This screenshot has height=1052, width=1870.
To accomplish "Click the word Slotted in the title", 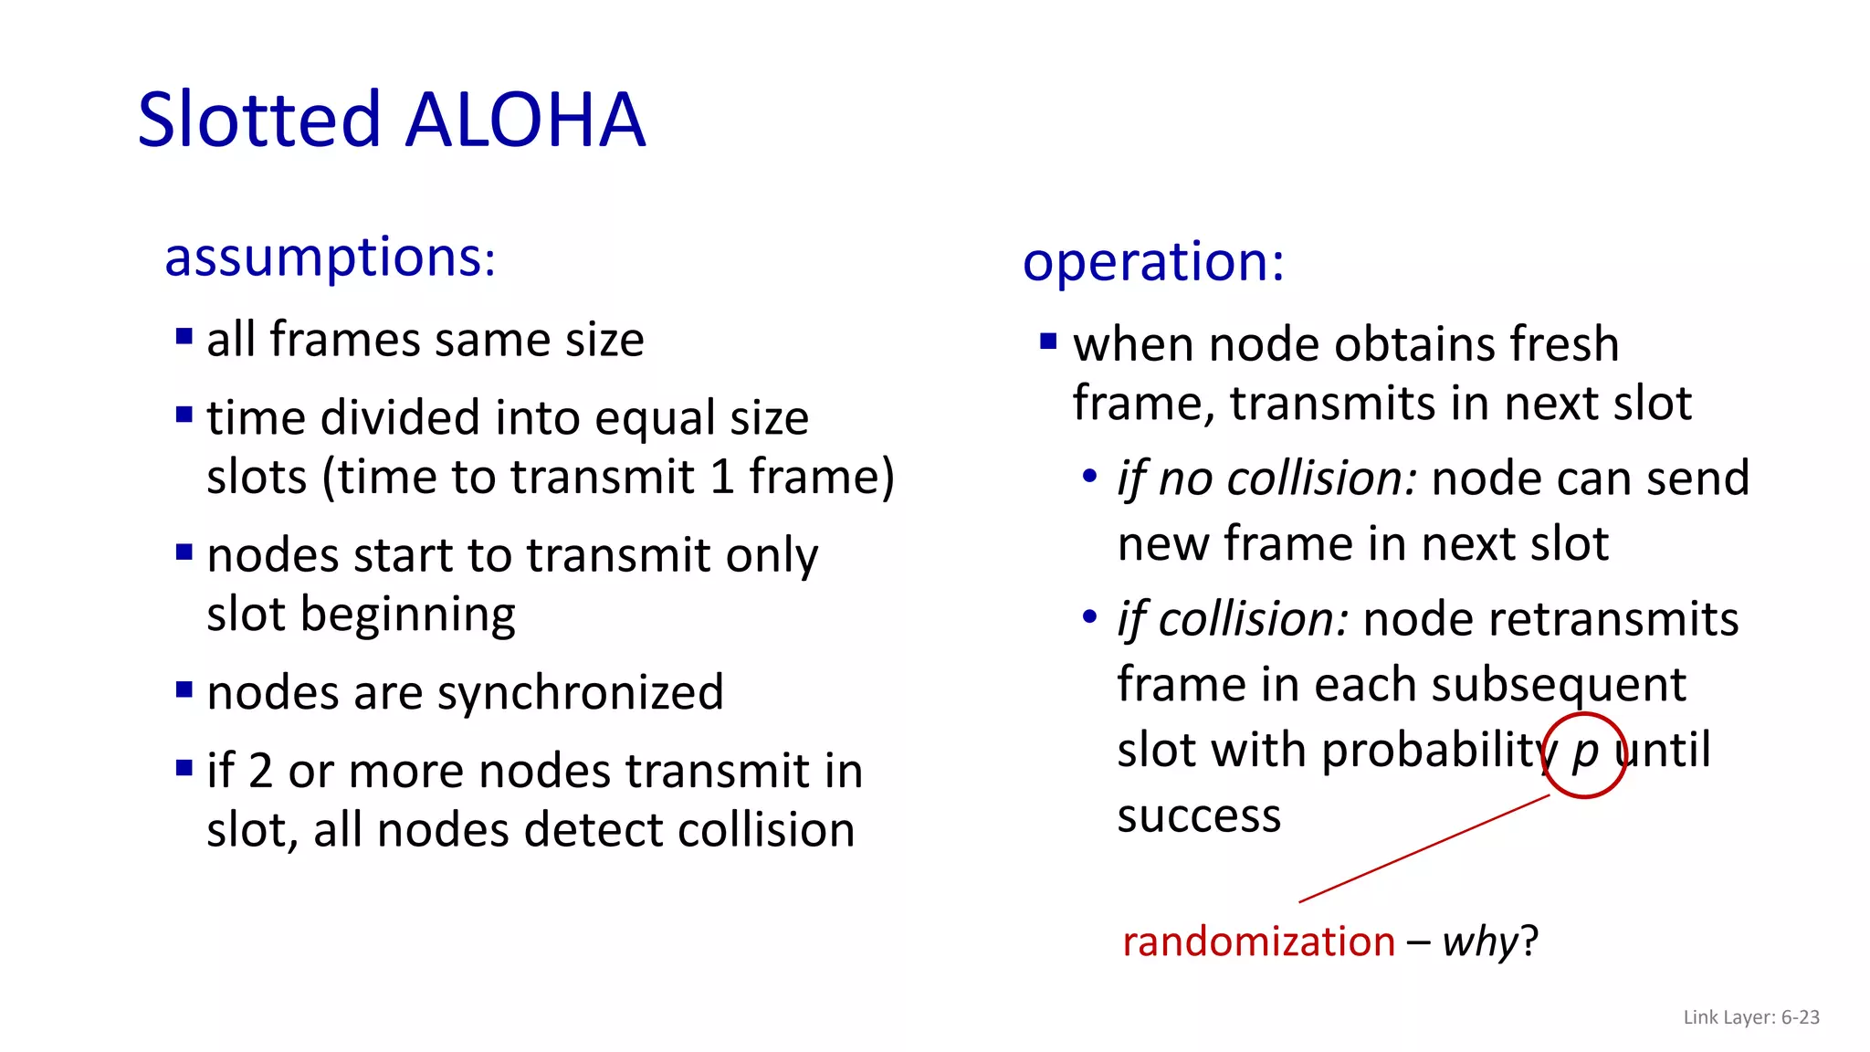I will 258,121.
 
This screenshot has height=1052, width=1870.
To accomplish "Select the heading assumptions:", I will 330,258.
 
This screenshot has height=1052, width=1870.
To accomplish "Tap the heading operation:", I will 1153,262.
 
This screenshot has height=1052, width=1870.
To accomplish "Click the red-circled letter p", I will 1585,752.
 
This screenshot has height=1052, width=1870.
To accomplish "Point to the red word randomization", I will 1258,942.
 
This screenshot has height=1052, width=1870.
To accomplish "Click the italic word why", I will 1480,942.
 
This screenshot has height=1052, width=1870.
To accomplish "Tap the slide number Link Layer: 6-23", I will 1750,1017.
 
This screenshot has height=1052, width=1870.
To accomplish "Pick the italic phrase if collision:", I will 1233,620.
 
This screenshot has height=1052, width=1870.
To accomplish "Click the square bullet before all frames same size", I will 184,337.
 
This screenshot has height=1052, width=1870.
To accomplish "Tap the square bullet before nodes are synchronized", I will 184,689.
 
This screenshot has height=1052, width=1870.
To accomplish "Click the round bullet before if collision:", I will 1089,617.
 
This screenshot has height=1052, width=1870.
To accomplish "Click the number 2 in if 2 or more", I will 260,772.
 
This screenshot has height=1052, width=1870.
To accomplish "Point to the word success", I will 1199,815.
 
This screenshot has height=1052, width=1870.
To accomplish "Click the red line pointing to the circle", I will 1424,848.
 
